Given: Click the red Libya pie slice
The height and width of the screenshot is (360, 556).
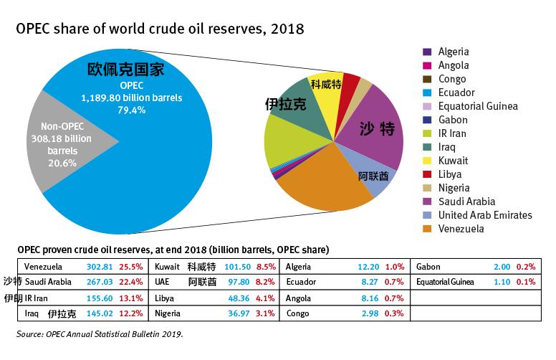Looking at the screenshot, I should coord(350,84).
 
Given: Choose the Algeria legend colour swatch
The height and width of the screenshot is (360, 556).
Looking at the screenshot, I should coord(427,52).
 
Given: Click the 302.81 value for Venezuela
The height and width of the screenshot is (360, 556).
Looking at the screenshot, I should coord(100,266).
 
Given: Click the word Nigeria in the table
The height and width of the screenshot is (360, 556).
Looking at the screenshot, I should coord(168,313).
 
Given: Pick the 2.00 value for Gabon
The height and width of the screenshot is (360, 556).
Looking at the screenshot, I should coord(502,266).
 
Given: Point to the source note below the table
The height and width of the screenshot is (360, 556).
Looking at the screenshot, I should coord(100,333).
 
